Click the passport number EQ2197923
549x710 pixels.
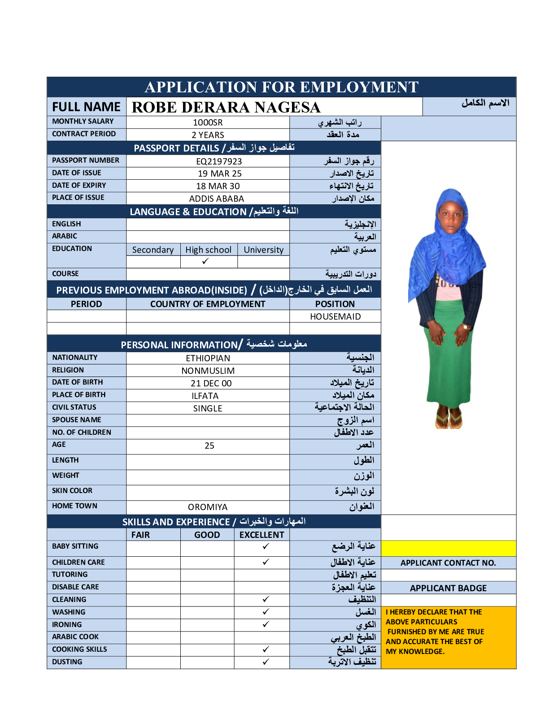click(x=219, y=161)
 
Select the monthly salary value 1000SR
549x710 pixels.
click(x=208, y=122)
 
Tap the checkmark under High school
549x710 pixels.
click(x=205, y=261)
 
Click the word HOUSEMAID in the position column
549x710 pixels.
click(x=335, y=316)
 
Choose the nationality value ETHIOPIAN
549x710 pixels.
click(x=208, y=358)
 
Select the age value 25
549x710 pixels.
click(x=209, y=446)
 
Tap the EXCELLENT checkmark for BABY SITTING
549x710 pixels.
click(x=266, y=546)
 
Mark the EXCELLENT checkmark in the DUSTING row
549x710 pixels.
click(x=266, y=662)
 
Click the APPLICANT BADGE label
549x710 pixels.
click(x=448, y=588)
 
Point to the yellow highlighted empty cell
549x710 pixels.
click(x=448, y=548)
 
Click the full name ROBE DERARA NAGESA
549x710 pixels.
click(x=226, y=107)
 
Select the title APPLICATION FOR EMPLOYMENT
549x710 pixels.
click(x=282, y=87)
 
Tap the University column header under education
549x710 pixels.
click(x=263, y=250)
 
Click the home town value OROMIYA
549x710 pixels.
click(x=208, y=507)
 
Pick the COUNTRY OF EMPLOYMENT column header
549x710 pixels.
click(x=208, y=304)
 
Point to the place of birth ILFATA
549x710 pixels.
click(x=205, y=396)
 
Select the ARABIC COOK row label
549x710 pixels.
click(x=75, y=636)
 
